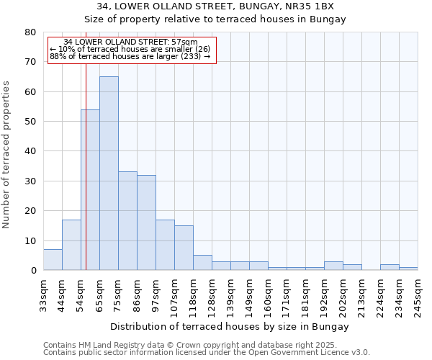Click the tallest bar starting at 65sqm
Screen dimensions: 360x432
[x=109, y=173]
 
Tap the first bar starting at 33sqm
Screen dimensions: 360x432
[x=53, y=260]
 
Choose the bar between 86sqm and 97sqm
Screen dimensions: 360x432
[x=146, y=222]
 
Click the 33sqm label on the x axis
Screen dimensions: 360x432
[x=43, y=294]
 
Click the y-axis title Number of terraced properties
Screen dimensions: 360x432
[x=7, y=154]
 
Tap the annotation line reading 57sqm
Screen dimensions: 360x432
[x=130, y=42]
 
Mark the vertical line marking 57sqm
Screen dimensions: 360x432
[x=86, y=180]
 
